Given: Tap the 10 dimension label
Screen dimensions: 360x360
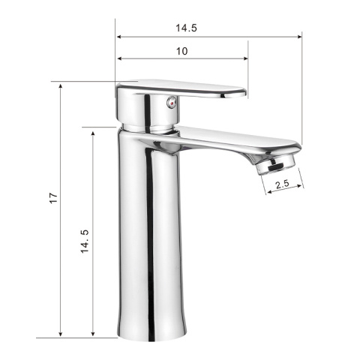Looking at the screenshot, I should (181, 51).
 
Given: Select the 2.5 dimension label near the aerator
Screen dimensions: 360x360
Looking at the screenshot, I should (283, 184).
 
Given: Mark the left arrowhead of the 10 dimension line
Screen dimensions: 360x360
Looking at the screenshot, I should (119, 59).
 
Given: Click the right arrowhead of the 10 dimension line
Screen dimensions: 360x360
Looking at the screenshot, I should (244, 59).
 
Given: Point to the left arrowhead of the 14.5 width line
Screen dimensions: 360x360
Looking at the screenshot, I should (119, 35).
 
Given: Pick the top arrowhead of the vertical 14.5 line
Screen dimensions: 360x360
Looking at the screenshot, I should (92, 131).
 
